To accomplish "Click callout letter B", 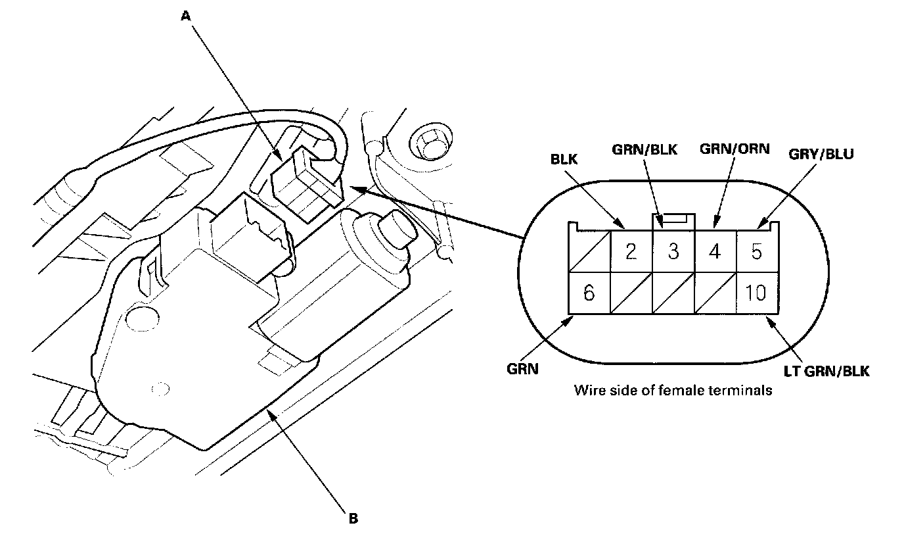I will click(353, 518).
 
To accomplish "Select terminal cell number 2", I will click(631, 251).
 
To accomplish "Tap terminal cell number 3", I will click(673, 251).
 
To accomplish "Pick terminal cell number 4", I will click(715, 251).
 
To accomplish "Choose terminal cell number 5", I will click(757, 251).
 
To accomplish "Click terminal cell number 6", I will click(589, 293).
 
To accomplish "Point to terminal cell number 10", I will click(757, 293).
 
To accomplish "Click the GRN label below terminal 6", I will click(523, 369).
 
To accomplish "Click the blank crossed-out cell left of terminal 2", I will click(589, 251).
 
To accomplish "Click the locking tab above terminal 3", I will click(673, 219).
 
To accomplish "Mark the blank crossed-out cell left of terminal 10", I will click(715, 293).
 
